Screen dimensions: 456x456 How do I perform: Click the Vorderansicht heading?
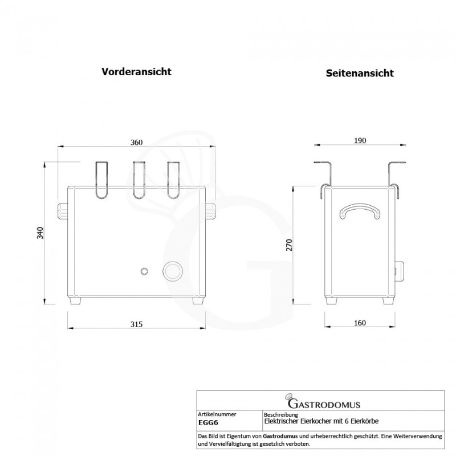136,72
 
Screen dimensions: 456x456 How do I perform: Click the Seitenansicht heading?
360,74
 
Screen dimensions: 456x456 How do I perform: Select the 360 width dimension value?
136,142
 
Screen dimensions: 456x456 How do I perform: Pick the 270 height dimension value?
289,245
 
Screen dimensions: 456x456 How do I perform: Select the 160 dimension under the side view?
359,323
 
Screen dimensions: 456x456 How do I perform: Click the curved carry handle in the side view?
360,211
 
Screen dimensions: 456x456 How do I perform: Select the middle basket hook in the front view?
139,180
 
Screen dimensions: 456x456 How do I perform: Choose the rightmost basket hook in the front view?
173,180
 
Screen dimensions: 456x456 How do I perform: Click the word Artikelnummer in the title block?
217,414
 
